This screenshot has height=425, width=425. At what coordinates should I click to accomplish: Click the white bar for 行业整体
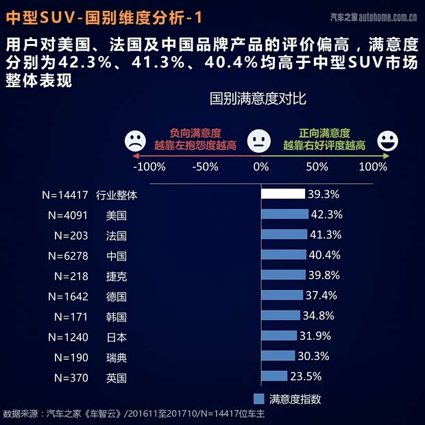(283, 195)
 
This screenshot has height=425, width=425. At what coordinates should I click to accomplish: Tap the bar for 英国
(274, 376)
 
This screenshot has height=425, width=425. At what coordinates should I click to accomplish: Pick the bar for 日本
(279, 336)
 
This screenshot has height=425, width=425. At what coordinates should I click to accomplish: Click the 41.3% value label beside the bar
(326, 235)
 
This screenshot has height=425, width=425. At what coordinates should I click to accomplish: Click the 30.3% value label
(313, 356)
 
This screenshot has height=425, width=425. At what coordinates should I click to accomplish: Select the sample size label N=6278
(69, 256)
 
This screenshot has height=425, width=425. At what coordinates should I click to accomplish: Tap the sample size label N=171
(72, 317)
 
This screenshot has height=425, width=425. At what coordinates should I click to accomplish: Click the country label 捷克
(117, 276)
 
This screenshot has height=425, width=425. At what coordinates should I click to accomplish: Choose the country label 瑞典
(117, 357)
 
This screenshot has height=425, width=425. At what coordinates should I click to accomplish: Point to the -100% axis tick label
(149, 167)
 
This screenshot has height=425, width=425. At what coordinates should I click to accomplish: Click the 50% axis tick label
(317, 167)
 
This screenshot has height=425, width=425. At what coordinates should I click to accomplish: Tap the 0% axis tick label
(261, 167)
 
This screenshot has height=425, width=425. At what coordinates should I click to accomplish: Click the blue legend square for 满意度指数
(258, 398)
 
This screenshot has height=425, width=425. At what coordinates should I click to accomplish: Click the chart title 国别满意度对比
(257, 99)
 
